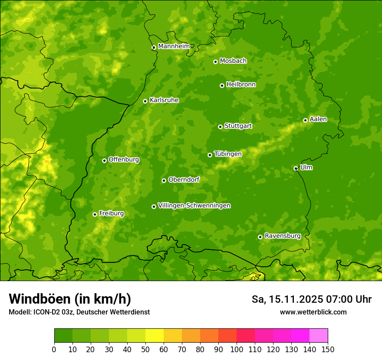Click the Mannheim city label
click(x=174, y=46)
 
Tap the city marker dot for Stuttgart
click(x=220, y=127)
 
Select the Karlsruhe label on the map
click(x=164, y=100)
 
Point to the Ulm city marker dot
click(x=296, y=168)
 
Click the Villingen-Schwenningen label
click(x=194, y=206)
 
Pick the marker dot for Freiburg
click(x=95, y=214)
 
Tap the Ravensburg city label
click(x=283, y=236)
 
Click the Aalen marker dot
click(x=305, y=120)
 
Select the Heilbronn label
click(x=241, y=85)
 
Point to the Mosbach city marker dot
click(x=215, y=62)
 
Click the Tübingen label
click(x=228, y=154)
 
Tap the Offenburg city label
click(x=124, y=160)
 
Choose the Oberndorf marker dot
click(x=164, y=180)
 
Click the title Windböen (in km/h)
click(x=70, y=299)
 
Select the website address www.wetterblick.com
click(x=313, y=312)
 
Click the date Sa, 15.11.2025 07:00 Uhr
click(x=312, y=299)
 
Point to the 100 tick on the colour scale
click(x=237, y=349)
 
